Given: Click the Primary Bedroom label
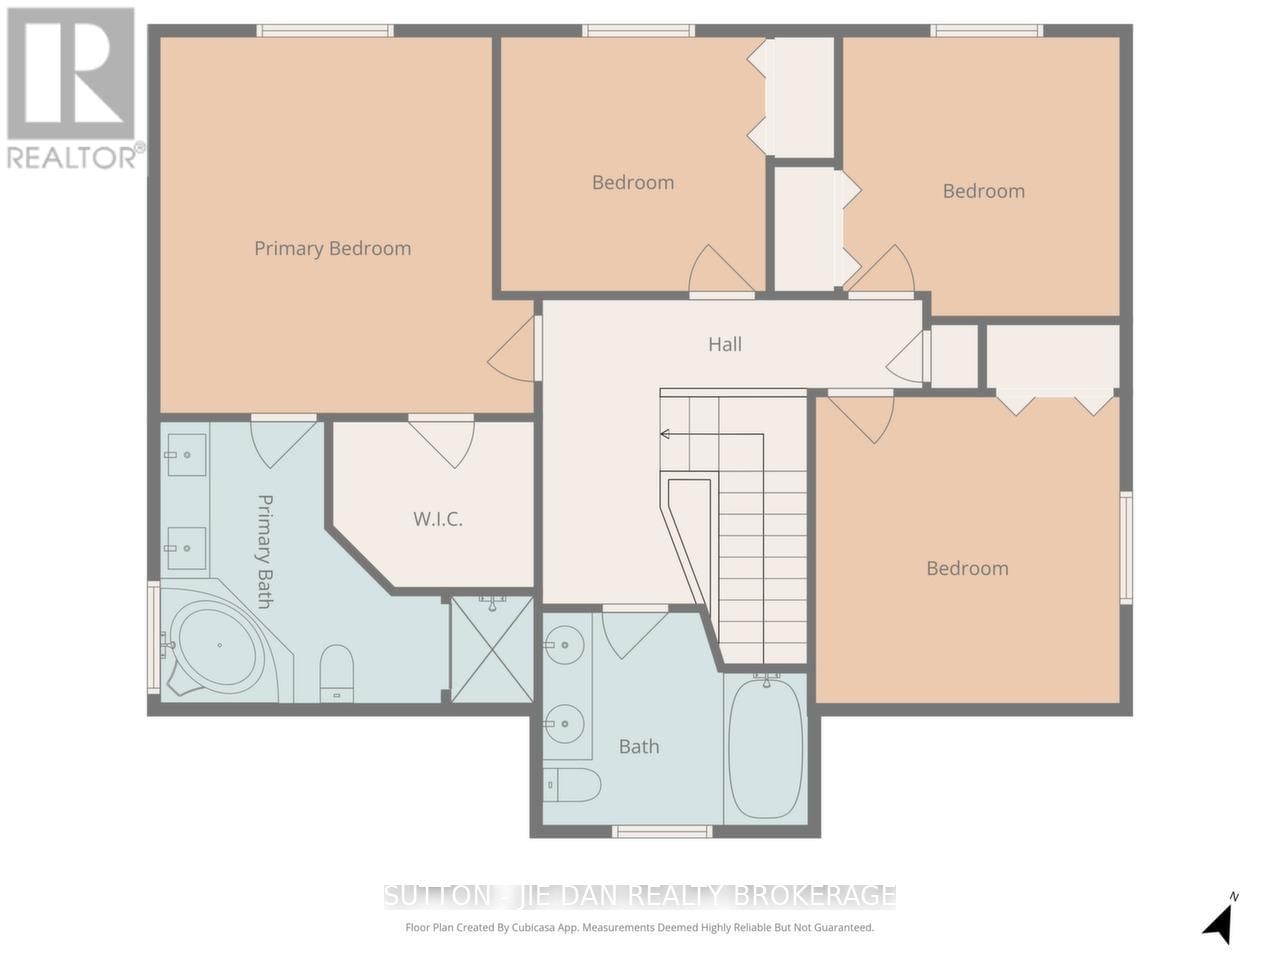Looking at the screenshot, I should pyautogui.click(x=332, y=248).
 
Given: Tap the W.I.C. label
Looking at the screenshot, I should pyautogui.click(x=438, y=519).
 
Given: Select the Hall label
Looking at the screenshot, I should pyautogui.click(x=725, y=344).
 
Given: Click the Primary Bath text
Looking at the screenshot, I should pyautogui.click(x=265, y=551).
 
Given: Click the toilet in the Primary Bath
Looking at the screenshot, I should pyautogui.click(x=337, y=670).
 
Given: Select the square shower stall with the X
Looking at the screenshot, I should pyautogui.click(x=492, y=648).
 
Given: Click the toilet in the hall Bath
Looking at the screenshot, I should pyautogui.click(x=572, y=785).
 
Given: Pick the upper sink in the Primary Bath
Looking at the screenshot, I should pyautogui.click(x=186, y=455).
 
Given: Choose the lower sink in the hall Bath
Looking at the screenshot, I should pyautogui.click(x=566, y=719).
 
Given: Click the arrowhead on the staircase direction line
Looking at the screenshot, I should pyautogui.click(x=664, y=434).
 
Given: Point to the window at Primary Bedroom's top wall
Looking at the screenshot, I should pyautogui.click(x=325, y=30).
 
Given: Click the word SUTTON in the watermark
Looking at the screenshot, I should pyautogui.click(x=425, y=895).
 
